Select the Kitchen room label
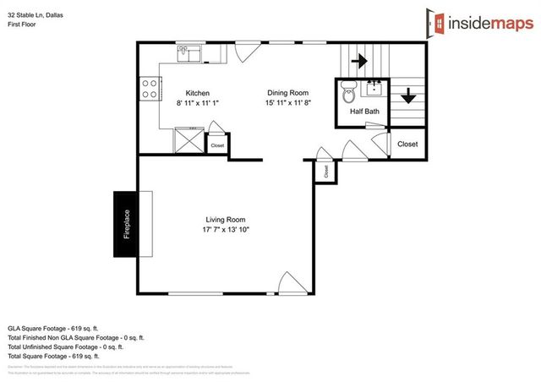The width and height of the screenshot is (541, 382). click(197, 93)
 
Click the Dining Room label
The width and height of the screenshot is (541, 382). click(287, 93)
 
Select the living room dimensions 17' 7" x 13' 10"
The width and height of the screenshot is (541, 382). click(225, 229)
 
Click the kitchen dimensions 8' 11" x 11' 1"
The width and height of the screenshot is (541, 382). click(197, 103)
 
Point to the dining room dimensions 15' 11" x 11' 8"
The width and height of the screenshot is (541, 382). click(287, 103)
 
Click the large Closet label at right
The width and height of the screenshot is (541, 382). click(407, 145)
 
